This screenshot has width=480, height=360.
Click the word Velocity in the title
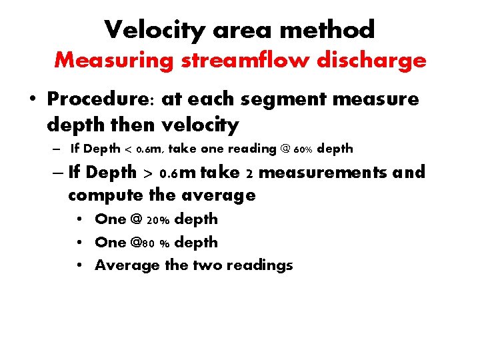pyautogui.click(x=156, y=29)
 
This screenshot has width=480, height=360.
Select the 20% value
pyautogui.click(x=159, y=219)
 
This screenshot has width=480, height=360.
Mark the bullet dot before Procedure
pyautogui.click(x=32, y=100)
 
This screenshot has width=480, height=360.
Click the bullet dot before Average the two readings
pyautogui.click(x=80, y=265)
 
